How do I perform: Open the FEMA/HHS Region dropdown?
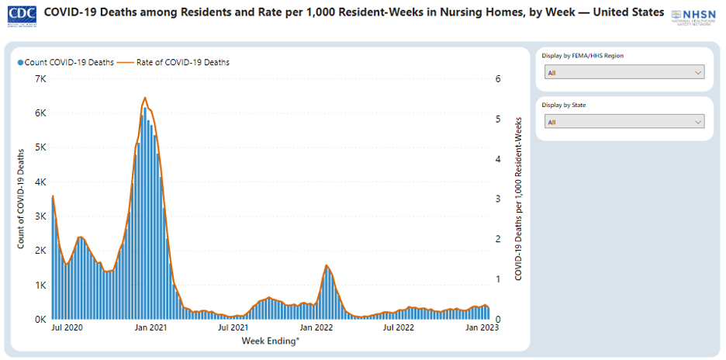coord(624,73)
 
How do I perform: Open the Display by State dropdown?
coord(624,122)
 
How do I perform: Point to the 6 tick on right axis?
coord(500,79)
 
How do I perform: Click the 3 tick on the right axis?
coord(500,199)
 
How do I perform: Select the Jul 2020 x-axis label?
coord(68,328)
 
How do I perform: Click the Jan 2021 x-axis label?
coord(151,328)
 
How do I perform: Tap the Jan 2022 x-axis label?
coord(316,328)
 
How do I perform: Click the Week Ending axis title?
coord(271,341)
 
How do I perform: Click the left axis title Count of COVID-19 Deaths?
coord(21,199)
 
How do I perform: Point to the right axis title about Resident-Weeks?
coord(518,199)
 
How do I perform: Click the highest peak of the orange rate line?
coord(144,98)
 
